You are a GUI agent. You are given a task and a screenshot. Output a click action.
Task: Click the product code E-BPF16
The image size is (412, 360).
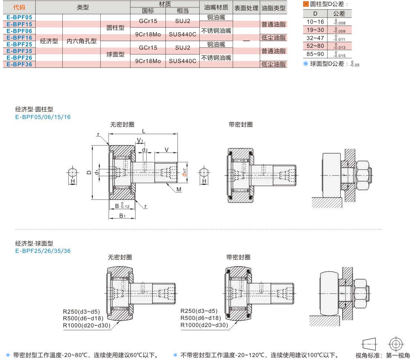click(x=19, y=37)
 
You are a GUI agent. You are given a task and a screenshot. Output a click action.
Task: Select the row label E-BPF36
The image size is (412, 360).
click(x=19, y=64)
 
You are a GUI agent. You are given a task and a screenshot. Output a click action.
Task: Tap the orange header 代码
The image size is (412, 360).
click(x=19, y=7)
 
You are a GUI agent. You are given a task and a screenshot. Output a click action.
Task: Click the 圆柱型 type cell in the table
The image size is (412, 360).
click(x=115, y=27)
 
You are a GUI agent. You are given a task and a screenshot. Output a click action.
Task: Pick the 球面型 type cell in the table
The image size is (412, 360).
click(x=115, y=54)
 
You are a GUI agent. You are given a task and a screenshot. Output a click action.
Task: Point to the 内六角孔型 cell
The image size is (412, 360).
click(x=81, y=41)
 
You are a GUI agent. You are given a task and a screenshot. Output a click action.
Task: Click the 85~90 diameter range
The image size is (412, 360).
click(x=315, y=54)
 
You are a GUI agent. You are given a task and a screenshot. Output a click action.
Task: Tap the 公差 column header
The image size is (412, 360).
click(x=339, y=14)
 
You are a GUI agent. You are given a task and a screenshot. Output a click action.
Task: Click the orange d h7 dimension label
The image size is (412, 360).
click(x=184, y=172)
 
